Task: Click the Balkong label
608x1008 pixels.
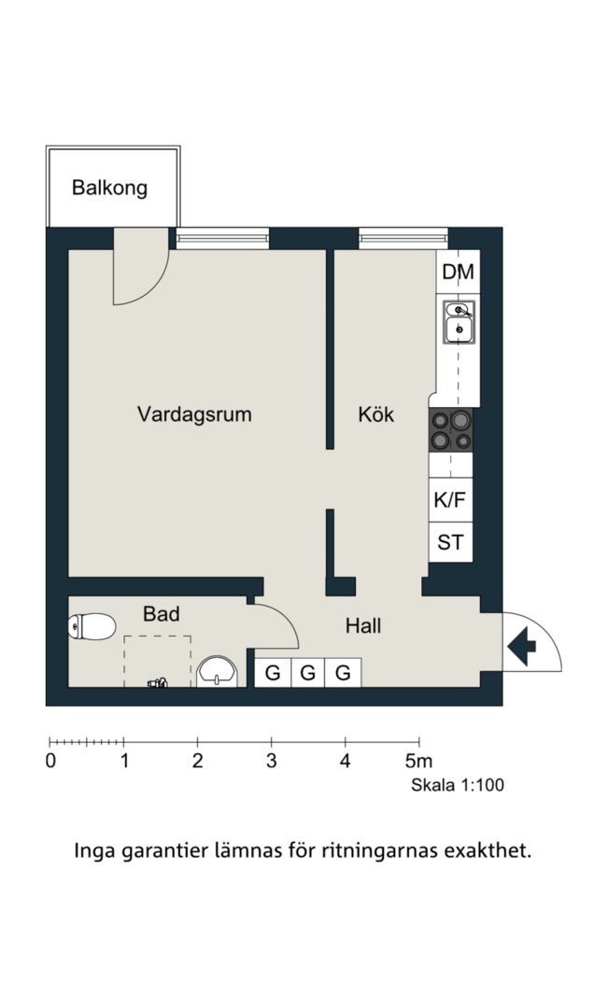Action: coord(109,189)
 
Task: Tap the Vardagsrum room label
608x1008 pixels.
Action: coord(194,414)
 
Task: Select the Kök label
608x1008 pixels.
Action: coord(376,414)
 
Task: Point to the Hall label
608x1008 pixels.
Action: coord(363,625)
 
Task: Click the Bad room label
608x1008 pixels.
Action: coord(161,614)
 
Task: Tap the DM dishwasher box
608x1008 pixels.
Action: coord(458,272)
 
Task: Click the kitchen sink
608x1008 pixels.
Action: coord(459,321)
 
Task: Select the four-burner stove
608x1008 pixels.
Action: coord(451,429)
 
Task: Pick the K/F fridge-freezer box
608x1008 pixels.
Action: coord(450,499)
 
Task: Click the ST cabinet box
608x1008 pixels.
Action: coord(450,542)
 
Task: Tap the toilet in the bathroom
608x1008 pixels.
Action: coord(92,626)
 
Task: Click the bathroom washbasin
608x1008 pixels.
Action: coord(219,672)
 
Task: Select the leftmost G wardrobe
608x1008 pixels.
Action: coord(273,673)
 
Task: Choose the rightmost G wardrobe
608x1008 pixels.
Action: coord(343,673)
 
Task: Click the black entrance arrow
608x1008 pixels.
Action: coord(522,644)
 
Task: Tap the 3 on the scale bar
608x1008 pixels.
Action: coord(272,762)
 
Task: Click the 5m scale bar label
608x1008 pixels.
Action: coord(418,762)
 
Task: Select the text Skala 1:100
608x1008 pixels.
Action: coord(458,785)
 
